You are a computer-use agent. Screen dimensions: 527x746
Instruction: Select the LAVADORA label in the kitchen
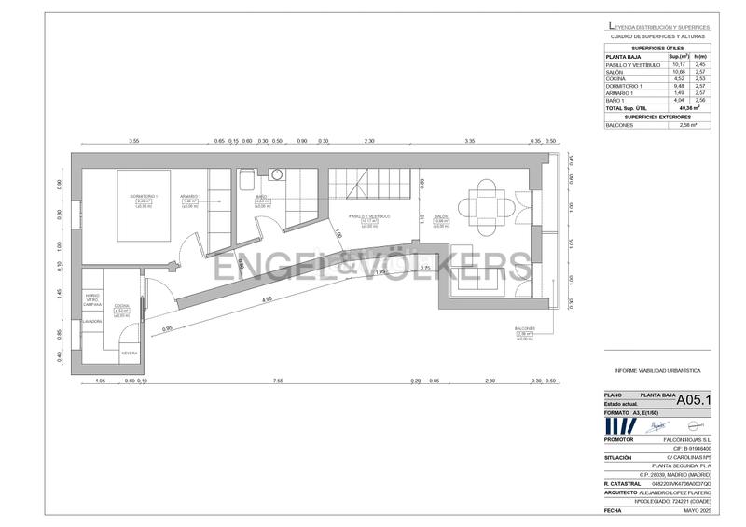91,321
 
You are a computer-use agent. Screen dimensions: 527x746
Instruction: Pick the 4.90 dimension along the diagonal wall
267,299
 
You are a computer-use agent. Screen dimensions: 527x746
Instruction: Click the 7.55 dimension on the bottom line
278,381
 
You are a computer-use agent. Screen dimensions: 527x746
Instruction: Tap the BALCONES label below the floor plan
525,328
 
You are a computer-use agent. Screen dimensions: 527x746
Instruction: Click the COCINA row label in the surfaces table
615,78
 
